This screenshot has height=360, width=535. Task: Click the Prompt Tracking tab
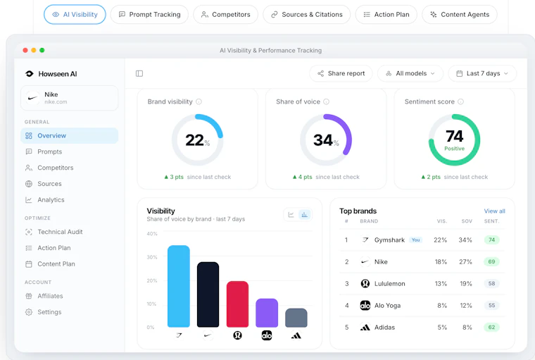pos(149,14)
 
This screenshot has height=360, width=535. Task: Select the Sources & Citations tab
pos(307,14)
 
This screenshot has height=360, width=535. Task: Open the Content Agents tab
pos(460,14)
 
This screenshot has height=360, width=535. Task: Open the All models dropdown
pos(410,73)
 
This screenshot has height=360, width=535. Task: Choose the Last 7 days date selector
pos(482,73)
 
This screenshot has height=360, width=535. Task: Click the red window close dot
pos(25,50)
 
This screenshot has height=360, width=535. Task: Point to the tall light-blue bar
pos(179,286)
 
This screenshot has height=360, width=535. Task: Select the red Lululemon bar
pos(237,304)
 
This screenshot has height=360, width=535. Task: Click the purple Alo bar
pos(267,313)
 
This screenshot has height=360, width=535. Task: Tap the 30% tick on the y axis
pos(152,257)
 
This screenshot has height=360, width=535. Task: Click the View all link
pos(494,211)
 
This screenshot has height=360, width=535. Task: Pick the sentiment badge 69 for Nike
pos(491,261)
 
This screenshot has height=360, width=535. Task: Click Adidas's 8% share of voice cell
pos(467,327)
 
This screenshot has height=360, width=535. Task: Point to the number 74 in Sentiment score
pos(454,136)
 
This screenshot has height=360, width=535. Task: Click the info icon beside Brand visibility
pos(199,101)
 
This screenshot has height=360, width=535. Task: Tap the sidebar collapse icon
pos(139,73)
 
